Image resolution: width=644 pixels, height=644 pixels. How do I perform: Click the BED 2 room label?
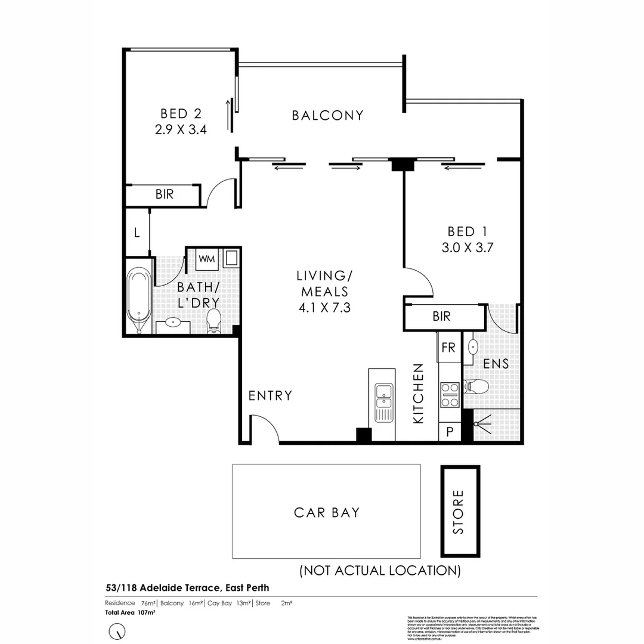click(x=180, y=113)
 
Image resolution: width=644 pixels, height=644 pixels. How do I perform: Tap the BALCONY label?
click(x=327, y=115)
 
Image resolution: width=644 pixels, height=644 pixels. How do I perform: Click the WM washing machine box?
click(x=206, y=259)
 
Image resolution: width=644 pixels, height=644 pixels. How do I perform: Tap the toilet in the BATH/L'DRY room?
click(x=213, y=323)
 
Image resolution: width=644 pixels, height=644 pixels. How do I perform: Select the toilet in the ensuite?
click(x=477, y=387)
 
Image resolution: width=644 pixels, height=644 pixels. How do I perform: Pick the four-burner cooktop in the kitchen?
click(x=450, y=394)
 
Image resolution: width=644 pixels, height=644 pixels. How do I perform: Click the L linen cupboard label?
click(x=137, y=233)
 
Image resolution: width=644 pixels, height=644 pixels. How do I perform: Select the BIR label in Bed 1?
click(x=442, y=317)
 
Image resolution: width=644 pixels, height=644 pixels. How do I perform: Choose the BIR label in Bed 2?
click(x=164, y=194)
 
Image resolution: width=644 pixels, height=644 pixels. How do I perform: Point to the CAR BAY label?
click(x=326, y=512)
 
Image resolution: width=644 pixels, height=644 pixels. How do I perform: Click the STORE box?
click(x=459, y=512)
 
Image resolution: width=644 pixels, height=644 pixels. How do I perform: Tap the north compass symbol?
click(x=117, y=630)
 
